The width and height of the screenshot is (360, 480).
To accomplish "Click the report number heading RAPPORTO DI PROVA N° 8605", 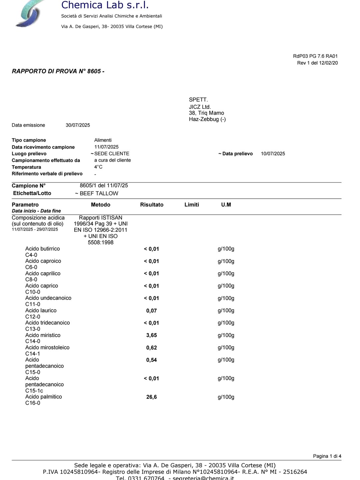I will (x=58, y=71).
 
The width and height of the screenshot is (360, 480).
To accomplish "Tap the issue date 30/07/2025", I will (x=78, y=125).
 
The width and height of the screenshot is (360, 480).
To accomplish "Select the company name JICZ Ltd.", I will (x=200, y=107).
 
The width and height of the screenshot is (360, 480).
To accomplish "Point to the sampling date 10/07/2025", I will (x=273, y=154).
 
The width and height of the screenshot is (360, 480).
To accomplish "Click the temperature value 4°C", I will (x=98, y=167).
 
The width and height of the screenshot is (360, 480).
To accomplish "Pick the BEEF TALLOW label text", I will (x=99, y=193).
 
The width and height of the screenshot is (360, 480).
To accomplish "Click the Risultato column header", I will (x=152, y=205).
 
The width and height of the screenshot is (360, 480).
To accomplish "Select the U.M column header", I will (x=226, y=205).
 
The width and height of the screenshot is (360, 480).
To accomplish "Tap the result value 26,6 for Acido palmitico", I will (x=151, y=397).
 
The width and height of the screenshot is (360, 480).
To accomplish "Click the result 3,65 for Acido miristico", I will (x=151, y=335).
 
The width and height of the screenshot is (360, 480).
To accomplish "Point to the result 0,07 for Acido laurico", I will (x=151, y=311).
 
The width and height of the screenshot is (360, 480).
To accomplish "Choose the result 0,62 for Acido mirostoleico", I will (x=151, y=348).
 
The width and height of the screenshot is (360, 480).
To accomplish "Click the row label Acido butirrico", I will (x=43, y=249).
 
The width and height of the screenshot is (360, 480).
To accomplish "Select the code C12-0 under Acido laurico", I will (x=33, y=317).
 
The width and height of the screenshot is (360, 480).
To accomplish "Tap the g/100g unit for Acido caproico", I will (x=226, y=261).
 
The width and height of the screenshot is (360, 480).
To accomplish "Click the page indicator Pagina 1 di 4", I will (x=327, y=456).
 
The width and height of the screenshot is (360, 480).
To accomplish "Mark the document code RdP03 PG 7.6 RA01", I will (x=315, y=56).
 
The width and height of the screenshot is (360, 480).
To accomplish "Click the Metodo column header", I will (x=100, y=205).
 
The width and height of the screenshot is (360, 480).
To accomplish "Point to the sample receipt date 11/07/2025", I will (x=106, y=147).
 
